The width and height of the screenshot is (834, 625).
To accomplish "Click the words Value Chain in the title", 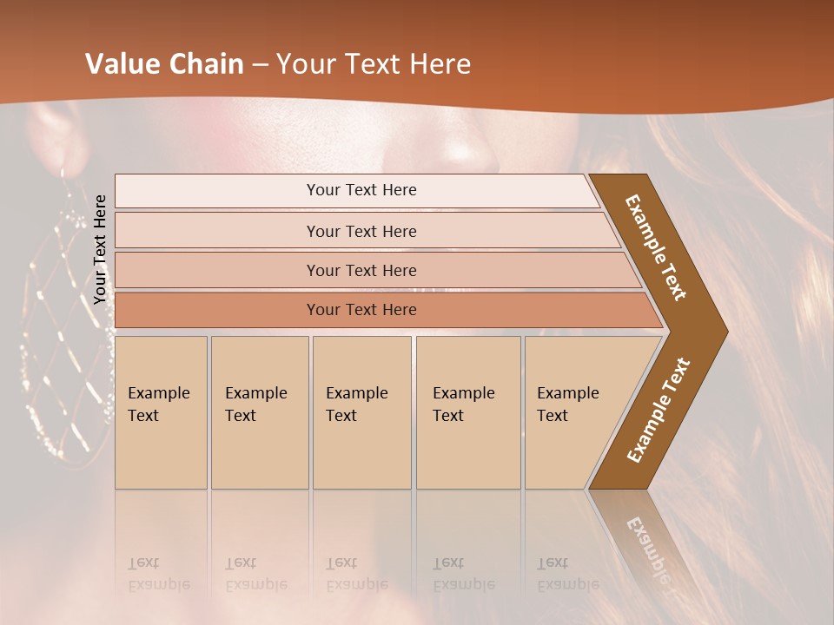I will click(x=164, y=64).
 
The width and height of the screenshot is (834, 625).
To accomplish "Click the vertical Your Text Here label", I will click(x=101, y=249).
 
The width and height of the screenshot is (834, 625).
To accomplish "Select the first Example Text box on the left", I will click(x=161, y=412).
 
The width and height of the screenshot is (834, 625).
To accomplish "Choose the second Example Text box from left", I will click(x=260, y=412).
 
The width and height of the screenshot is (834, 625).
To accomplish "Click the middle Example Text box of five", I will click(x=361, y=412).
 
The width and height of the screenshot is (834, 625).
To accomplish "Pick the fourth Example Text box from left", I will click(x=468, y=412).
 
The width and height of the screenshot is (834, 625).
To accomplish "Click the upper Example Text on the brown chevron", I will click(x=657, y=247).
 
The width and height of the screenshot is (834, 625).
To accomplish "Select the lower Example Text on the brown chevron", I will click(x=659, y=410).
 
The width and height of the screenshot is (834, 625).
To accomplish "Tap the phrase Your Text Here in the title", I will click(x=374, y=64).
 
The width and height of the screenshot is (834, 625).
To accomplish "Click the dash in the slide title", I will click(x=260, y=65).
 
